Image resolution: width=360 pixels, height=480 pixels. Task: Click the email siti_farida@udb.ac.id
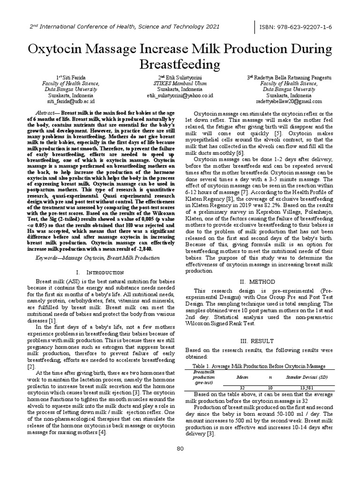coord(71,101)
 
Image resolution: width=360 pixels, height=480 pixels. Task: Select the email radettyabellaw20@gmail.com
coord(289,101)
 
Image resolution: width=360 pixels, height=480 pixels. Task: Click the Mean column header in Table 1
coord(242,376)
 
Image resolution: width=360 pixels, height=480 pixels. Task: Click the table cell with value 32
coord(242,388)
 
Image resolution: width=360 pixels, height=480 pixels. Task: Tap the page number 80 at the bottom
coord(180,449)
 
